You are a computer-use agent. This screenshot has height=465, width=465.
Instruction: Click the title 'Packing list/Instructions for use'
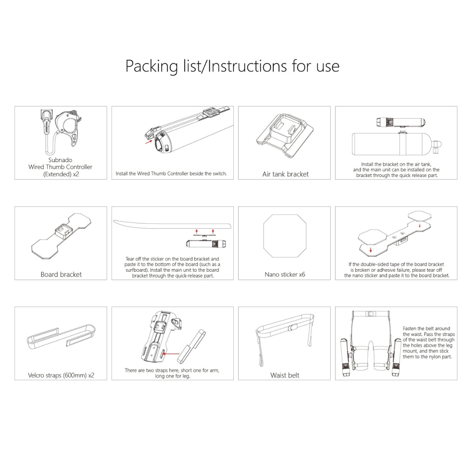(232, 66)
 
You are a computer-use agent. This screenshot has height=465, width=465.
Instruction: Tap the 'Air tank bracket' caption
(285, 174)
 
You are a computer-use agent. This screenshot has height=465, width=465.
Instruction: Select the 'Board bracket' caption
(61, 274)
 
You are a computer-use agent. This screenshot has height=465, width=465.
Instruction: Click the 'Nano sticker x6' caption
(285, 274)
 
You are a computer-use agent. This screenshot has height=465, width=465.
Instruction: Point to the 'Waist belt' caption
(285, 375)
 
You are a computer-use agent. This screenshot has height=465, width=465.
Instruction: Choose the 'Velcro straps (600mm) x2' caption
(61, 375)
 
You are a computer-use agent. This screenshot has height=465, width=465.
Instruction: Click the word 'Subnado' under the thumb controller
(60, 160)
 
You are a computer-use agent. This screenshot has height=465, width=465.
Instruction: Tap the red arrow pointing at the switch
(148, 142)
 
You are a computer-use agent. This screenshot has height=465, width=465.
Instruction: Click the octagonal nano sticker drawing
(285, 236)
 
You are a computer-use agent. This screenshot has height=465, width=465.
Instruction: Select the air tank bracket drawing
(285, 135)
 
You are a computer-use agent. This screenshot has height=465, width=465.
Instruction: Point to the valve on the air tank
(437, 146)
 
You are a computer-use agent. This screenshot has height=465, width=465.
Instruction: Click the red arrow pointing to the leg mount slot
(171, 353)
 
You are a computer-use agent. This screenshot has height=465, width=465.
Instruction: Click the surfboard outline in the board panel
(172, 224)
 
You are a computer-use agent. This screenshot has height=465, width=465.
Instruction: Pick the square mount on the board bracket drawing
(63, 231)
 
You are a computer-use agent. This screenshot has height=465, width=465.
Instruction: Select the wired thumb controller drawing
(62, 130)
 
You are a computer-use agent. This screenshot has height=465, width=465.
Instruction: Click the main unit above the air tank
(401, 122)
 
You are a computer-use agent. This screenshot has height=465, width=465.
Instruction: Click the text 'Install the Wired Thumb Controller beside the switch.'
(171, 174)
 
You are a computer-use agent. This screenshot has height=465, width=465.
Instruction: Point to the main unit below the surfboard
(206, 244)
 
